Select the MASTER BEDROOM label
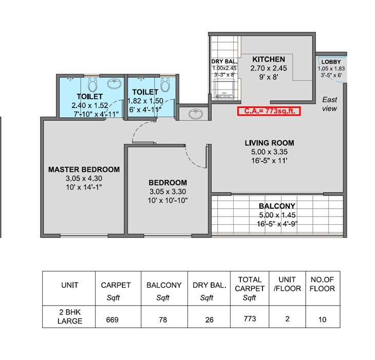(x=84, y=169)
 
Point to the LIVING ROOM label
(x=269, y=143)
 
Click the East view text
(x=329, y=104)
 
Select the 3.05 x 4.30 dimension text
(x=84, y=178)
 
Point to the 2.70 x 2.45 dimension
(x=269, y=68)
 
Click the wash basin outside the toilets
(x=194, y=113)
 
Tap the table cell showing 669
(x=113, y=319)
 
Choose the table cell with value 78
(x=163, y=319)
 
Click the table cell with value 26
(x=209, y=319)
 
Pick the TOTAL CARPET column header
(x=250, y=289)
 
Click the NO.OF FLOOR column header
(x=322, y=284)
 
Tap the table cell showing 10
(x=322, y=319)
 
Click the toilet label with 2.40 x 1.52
(x=90, y=96)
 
